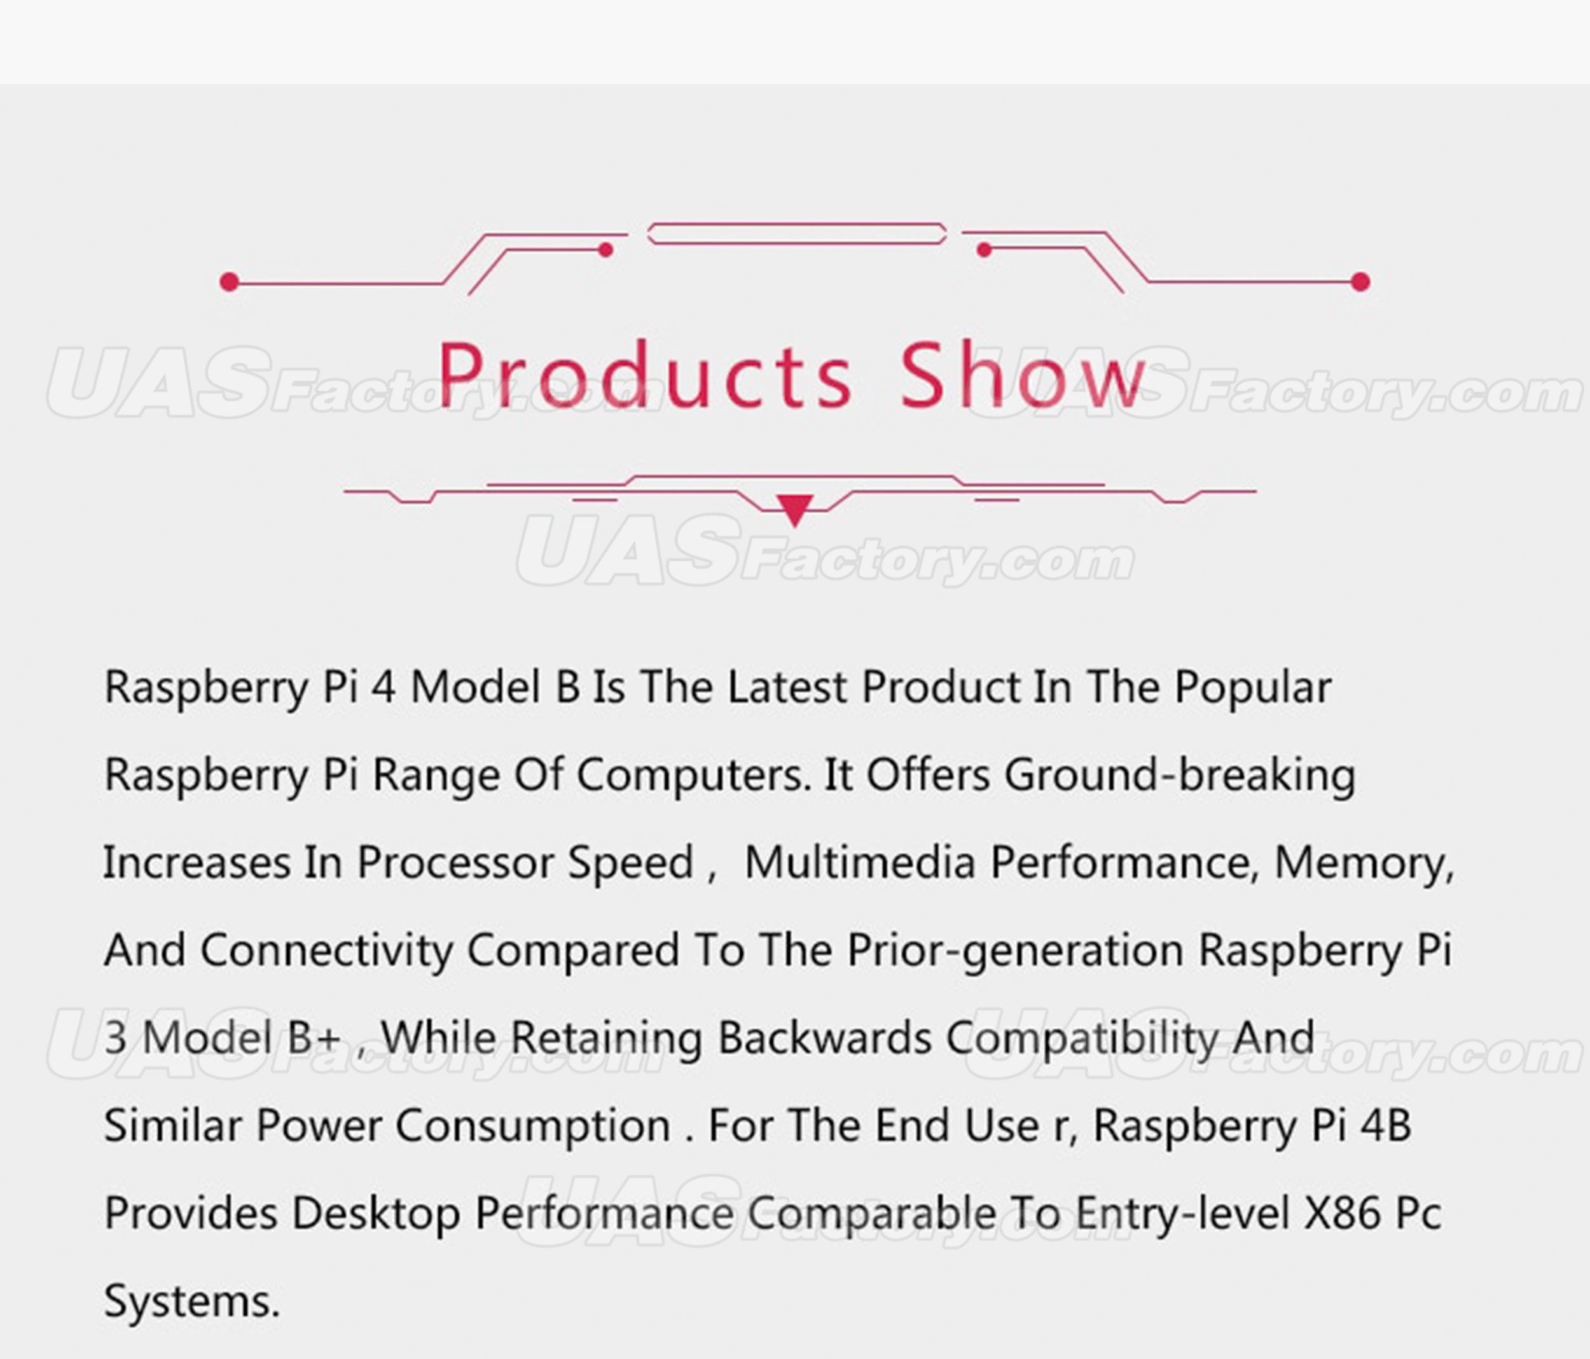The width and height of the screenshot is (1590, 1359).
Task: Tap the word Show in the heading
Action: point(1023,375)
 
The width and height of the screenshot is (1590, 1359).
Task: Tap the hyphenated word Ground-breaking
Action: point(1179,776)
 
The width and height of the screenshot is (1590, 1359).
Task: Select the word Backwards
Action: point(824,1038)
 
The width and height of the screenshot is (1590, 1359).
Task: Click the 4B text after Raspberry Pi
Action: point(1385,1126)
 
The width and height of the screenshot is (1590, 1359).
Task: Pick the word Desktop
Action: point(376,1214)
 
